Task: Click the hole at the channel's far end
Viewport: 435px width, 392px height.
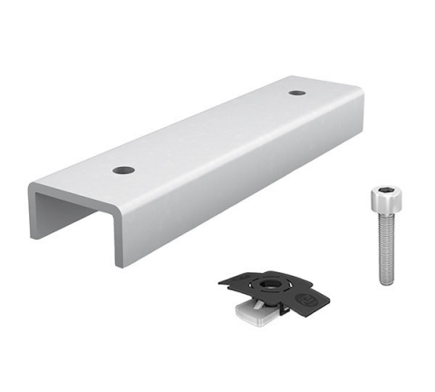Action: tap(296, 93)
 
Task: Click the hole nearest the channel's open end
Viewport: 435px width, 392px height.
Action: tap(123, 170)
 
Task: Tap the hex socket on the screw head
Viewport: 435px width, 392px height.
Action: tap(384, 192)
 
